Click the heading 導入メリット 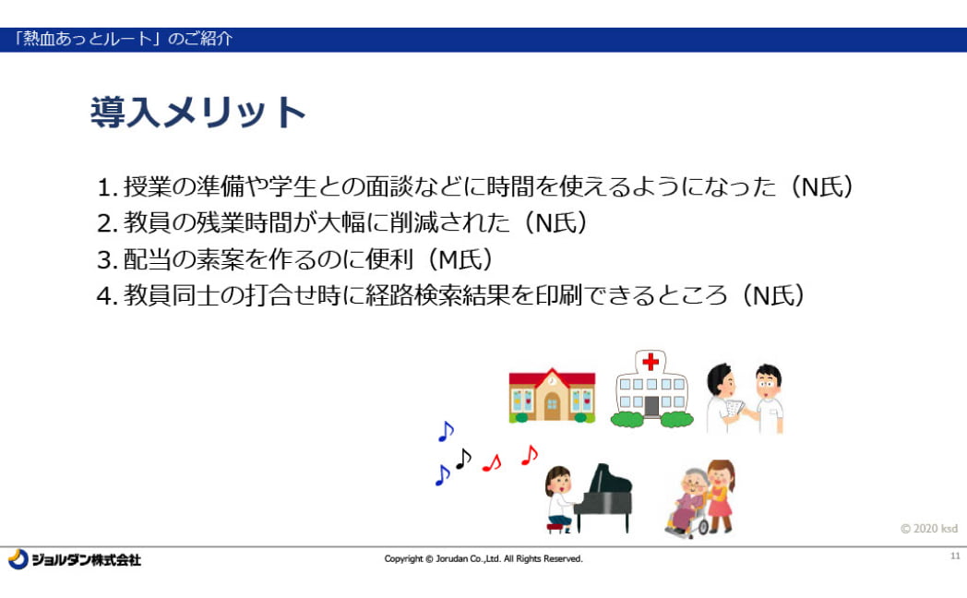pos(198,113)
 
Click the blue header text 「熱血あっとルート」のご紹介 pos(123,39)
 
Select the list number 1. pos(107,187)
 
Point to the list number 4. pos(107,296)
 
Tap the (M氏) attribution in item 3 pos(459,259)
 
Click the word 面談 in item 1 pos(390,186)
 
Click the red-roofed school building pos(552,395)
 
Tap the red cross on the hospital pos(651,361)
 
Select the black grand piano pos(604,496)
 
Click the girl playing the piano pos(560,499)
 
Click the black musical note pos(463,459)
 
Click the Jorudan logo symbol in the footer pos(18,559)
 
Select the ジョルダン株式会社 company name pos(87,560)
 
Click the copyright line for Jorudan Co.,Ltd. pos(483,559)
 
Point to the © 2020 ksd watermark pos(929,529)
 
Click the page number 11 pos(955,556)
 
